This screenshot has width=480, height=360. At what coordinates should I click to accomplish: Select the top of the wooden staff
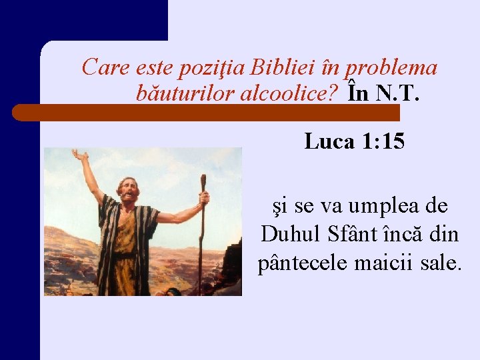[x=202, y=180]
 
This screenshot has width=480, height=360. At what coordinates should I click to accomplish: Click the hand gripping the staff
[x=203, y=198]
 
